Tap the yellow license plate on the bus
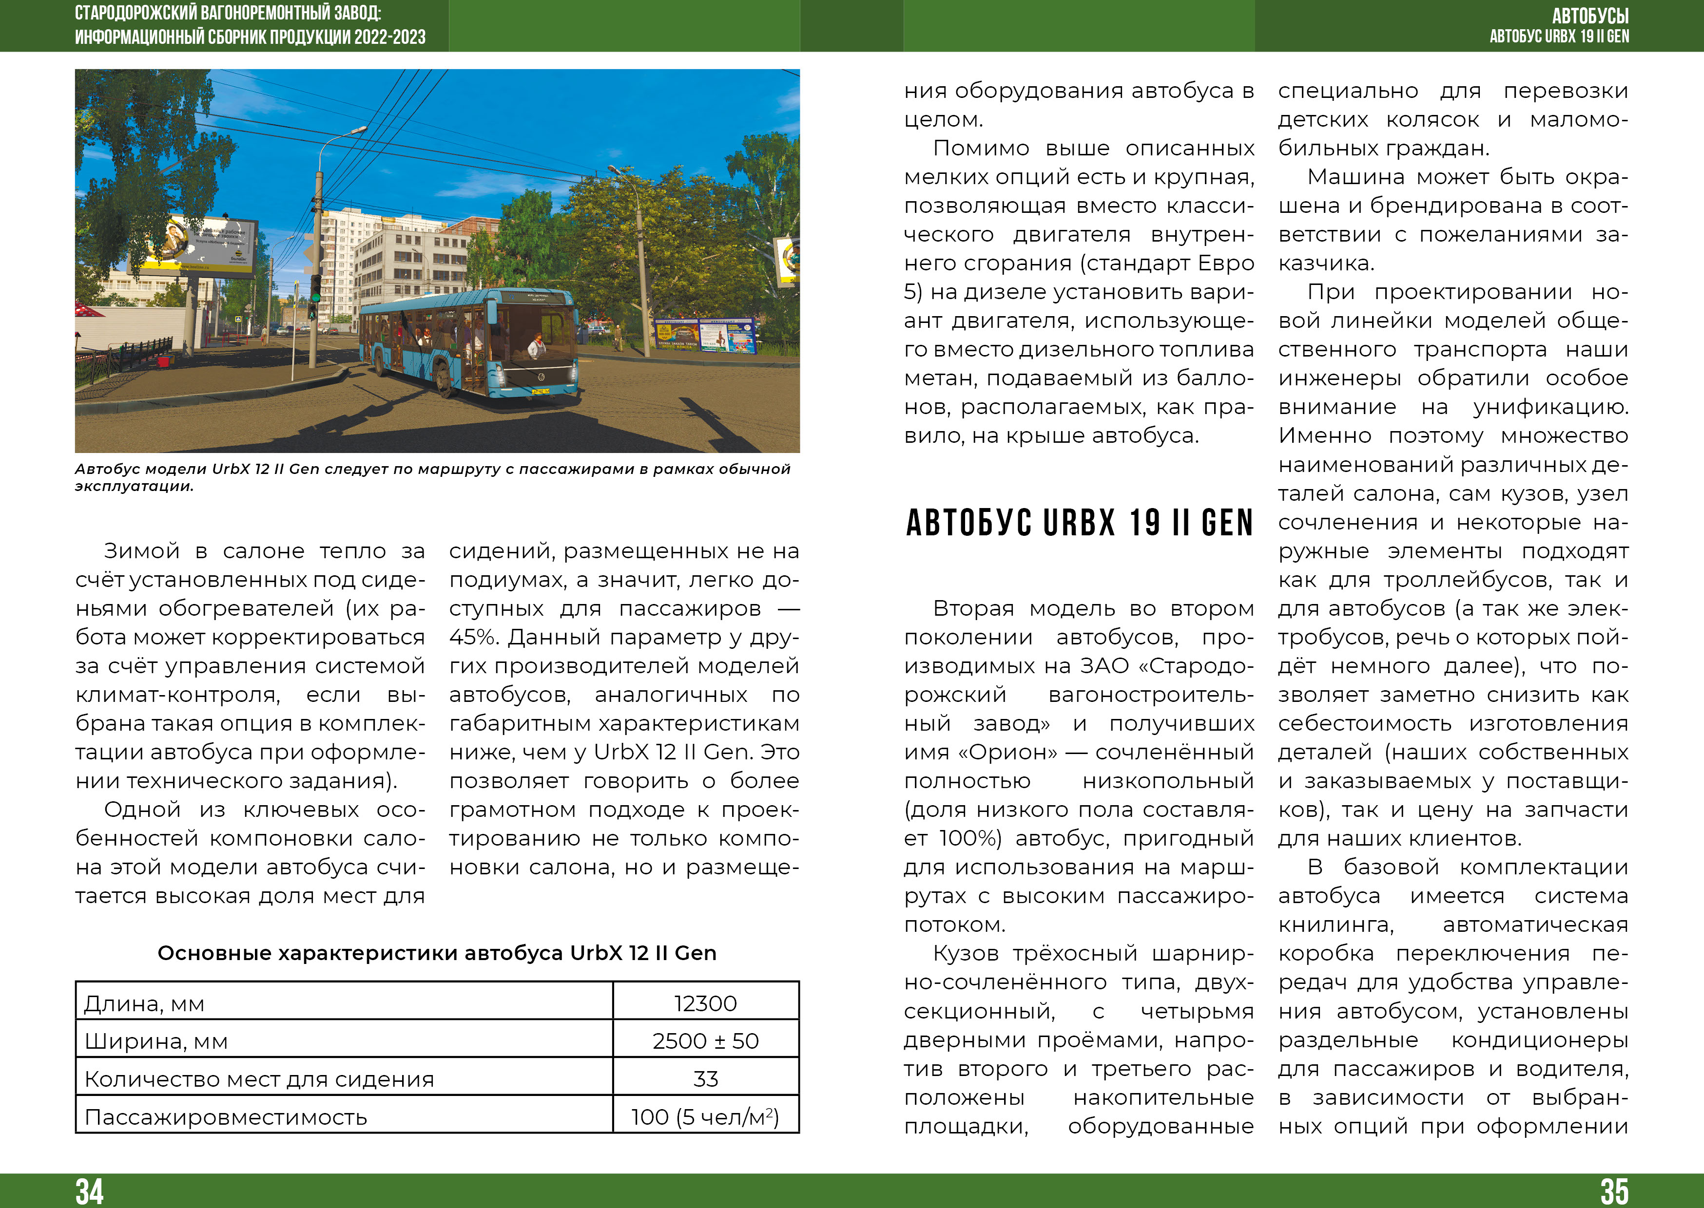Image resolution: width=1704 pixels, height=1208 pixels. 540,391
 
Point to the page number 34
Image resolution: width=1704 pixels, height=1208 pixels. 89,1191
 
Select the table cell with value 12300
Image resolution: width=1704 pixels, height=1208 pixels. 705,1003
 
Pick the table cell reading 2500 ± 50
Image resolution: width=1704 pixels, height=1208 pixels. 705,1040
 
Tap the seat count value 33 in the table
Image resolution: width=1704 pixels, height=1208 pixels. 705,1078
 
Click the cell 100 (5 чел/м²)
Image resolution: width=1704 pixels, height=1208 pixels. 705,1116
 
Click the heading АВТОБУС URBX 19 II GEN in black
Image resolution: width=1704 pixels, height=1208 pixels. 1079,523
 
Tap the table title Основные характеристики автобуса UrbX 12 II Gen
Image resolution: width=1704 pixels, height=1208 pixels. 437,953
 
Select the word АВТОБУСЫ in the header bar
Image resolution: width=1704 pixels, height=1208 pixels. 1590,16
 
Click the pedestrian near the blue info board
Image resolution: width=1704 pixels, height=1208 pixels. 617,336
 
